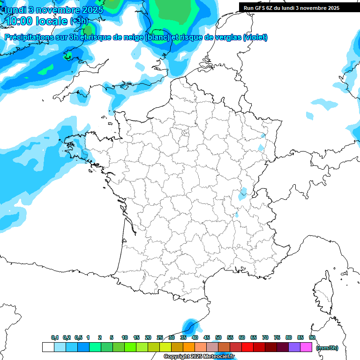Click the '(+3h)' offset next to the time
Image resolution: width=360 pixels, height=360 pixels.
79,21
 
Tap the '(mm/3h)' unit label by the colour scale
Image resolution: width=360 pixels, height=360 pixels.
327,348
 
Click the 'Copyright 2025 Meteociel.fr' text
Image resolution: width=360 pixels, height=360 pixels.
199,357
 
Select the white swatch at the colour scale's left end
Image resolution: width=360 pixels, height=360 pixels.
48,347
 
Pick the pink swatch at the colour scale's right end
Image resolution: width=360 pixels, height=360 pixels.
306,347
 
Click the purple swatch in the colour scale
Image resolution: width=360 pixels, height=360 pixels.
294,347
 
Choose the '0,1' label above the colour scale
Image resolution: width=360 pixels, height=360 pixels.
54,338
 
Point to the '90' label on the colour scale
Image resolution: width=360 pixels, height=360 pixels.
312,338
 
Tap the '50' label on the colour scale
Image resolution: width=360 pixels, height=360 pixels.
218,338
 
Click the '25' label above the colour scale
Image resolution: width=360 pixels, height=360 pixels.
160,338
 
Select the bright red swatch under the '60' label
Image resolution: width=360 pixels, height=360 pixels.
247,347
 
